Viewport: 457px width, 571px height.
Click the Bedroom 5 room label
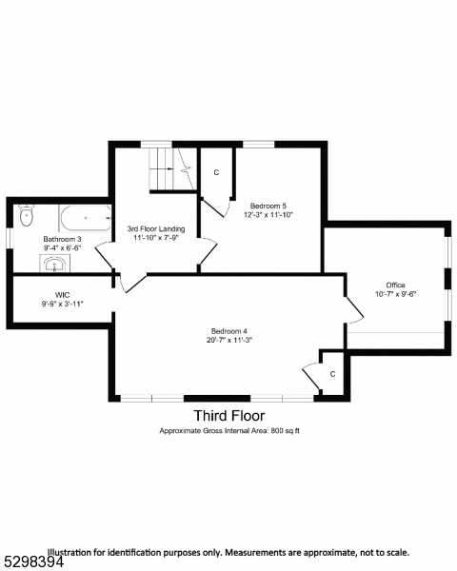click(268, 206)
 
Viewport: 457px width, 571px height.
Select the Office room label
click(395, 285)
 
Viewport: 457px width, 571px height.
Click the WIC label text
click(63, 294)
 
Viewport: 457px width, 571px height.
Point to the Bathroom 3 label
click(62, 239)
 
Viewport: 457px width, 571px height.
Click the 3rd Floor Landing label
click(156, 229)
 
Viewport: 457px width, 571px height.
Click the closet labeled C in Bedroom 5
click(216, 172)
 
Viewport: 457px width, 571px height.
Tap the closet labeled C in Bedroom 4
click(332, 374)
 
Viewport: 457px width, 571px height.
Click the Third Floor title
click(229, 416)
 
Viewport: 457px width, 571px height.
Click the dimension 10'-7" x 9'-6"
click(395, 294)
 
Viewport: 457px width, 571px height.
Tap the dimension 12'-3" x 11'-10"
click(268, 215)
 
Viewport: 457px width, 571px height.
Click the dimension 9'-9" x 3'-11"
click(63, 304)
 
